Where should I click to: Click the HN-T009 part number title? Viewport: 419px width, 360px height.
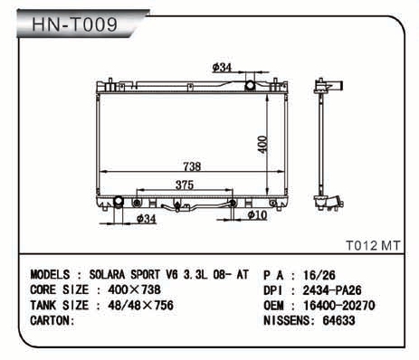74,24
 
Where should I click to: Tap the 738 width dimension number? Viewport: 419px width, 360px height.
192,166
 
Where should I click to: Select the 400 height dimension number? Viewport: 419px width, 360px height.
262,145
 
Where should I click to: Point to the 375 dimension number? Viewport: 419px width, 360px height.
185,185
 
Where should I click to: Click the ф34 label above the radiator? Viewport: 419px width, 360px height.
222,68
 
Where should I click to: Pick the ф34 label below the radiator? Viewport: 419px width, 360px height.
147,219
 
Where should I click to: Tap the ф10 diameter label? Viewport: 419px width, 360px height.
257,215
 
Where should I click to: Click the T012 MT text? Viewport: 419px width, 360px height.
373,245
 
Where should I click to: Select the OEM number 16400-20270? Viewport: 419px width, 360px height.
339,306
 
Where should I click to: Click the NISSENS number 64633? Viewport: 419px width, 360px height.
338,320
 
